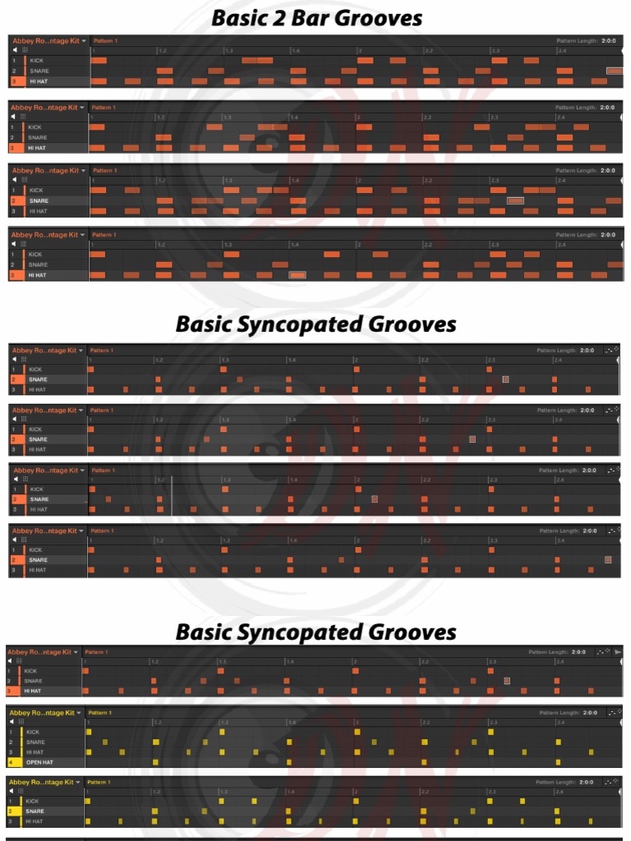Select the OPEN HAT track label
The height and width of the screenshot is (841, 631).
[x=41, y=762]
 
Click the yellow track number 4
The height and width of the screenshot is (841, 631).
[x=12, y=762]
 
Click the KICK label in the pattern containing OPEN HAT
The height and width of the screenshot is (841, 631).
[x=33, y=732]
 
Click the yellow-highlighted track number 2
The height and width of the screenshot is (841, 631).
[x=12, y=811]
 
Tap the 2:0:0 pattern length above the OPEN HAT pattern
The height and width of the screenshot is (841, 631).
[x=584, y=713]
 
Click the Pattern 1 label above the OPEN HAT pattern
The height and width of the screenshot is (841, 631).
[x=99, y=713]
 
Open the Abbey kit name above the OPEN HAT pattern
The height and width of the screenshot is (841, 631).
[x=41, y=713]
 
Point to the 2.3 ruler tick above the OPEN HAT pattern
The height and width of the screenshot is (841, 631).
[x=492, y=722]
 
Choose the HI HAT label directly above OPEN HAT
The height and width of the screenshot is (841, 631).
[x=35, y=752]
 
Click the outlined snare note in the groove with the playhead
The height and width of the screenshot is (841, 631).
[x=375, y=499]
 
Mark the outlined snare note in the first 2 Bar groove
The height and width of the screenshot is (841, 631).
[x=614, y=71]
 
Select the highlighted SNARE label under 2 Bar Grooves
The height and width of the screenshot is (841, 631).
[x=39, y=200]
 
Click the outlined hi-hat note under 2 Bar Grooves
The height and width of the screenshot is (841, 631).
[x=298, y=275]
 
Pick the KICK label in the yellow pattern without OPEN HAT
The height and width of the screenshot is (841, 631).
[x=33, y=801]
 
